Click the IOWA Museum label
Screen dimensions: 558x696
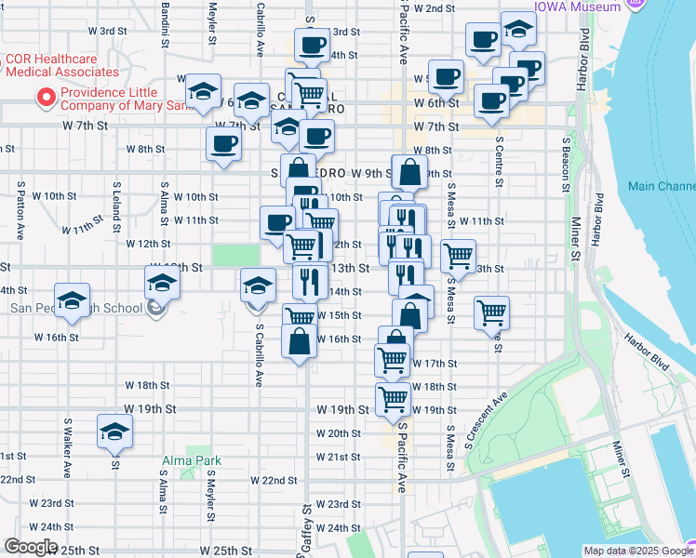(577, 7)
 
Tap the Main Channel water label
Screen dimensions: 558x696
(662, 186)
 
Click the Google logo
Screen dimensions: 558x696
(30, 547)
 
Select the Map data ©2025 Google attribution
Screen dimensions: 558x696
(624, 551)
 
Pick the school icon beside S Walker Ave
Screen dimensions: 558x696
(114, 432)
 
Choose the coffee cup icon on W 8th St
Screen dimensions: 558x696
(222, 144)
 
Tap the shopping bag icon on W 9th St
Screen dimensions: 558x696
(408, 172)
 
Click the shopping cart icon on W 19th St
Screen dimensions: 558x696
(394, 400)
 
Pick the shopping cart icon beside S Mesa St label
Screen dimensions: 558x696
(458, 255)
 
